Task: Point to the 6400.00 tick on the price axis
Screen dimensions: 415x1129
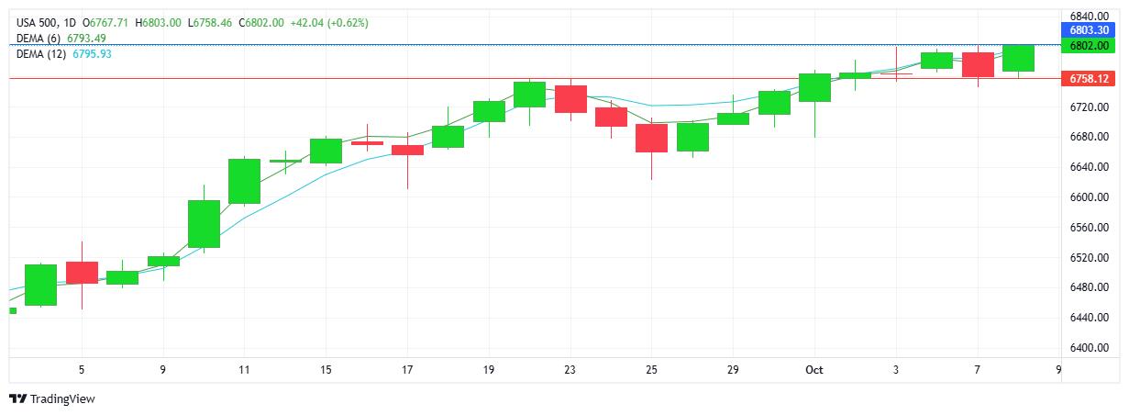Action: pos(1089,348)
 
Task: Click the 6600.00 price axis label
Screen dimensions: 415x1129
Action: pos(1089,197)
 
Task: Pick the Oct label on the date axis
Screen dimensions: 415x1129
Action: pos(814,370)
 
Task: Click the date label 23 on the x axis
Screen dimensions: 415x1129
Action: pos(570,370)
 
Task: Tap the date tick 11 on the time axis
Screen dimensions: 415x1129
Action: pos(244,370)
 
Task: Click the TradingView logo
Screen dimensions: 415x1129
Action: pos(52,398)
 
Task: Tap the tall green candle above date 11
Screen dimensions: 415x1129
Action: pos(244,181)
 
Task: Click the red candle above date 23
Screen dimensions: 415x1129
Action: pos(570,98)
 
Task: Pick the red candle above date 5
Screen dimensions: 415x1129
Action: pos(82,272)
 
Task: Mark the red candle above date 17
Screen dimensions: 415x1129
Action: pos(407,150)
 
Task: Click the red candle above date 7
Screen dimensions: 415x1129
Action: pos(978,64)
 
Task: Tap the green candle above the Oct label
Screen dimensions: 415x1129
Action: pos(814,87)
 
